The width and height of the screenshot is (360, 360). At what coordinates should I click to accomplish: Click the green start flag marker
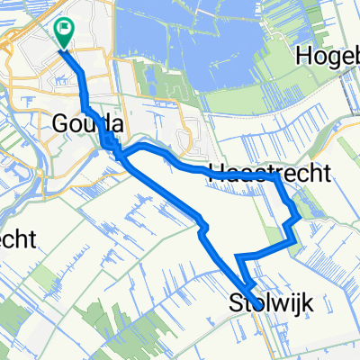click(66, 34)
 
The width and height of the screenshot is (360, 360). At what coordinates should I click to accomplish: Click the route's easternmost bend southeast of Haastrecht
click(300, 217)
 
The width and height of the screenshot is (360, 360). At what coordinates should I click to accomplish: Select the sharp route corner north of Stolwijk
click(238, 257)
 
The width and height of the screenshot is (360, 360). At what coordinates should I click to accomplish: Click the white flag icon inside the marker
click(66, 29)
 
